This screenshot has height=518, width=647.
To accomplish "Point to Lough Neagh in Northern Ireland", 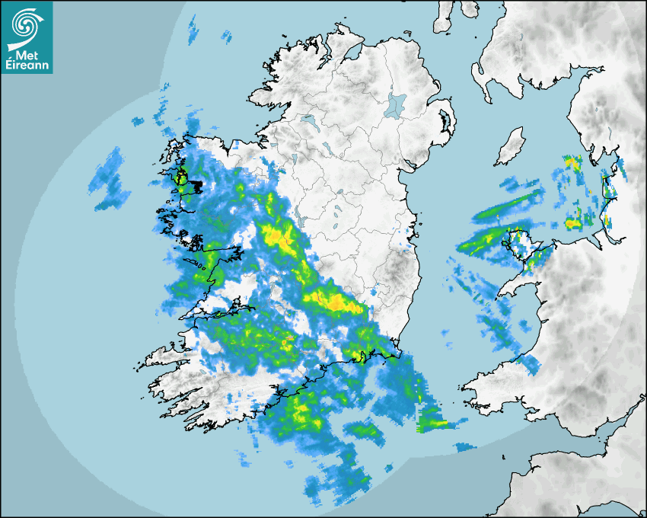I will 397,104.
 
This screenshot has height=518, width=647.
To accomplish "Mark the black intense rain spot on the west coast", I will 181,181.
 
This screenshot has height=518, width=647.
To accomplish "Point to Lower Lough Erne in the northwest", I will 309,120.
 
